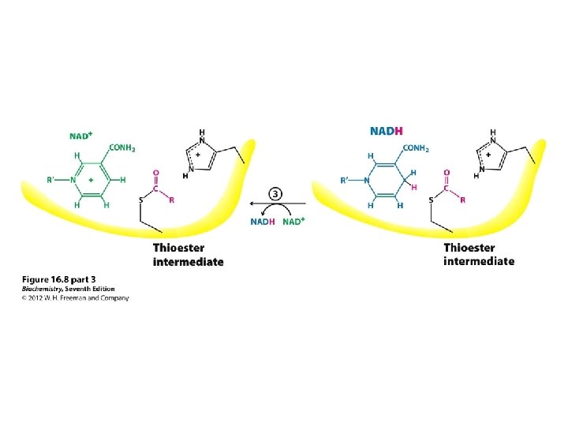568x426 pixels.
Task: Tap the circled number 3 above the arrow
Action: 273,193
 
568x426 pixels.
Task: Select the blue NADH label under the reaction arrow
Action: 263,222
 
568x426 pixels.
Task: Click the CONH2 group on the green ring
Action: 122,148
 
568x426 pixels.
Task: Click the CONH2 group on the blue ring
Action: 417,148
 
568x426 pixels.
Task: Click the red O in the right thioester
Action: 447,171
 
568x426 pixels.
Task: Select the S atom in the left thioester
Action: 140,200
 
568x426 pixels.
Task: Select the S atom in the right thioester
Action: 432,200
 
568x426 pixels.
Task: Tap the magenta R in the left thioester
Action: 171,200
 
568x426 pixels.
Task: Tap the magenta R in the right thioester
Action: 462,200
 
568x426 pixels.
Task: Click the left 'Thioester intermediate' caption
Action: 188,255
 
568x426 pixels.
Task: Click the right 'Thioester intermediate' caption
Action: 479,255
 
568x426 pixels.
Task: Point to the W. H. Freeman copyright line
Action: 75,297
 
